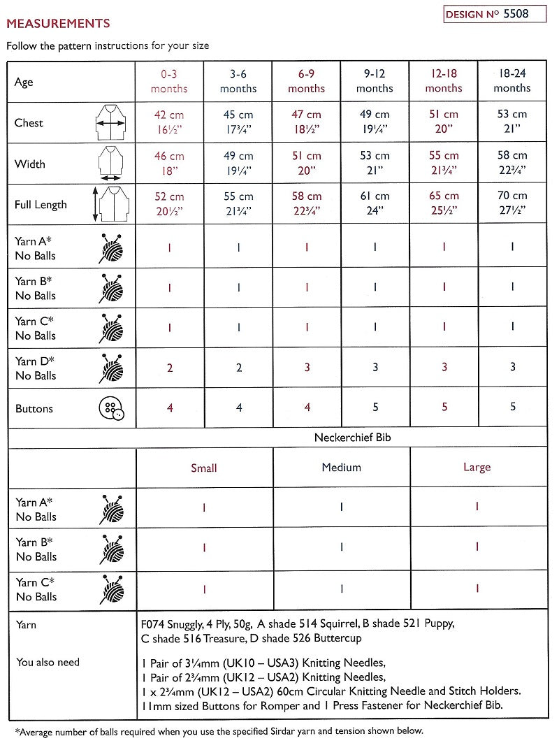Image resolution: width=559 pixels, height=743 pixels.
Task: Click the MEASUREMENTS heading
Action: [58, 24]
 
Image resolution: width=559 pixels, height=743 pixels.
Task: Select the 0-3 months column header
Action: [169, 81]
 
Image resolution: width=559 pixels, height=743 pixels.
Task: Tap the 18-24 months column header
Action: [512, 81]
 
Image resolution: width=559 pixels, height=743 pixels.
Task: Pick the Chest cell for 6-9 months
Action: [306, 122]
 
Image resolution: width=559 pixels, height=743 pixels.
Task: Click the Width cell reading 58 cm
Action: [512, 164]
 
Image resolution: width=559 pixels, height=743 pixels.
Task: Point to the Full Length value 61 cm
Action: [375, 204]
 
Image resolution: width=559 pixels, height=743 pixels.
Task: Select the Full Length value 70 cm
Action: [512, 204]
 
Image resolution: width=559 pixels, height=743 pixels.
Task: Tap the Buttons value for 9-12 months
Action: [375, 407]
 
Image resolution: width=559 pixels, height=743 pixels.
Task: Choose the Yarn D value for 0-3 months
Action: [169, 368]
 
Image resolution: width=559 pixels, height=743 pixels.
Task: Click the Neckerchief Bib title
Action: [342, 438]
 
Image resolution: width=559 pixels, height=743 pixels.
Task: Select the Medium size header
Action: [341, 468]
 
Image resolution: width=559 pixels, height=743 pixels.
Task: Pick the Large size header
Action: [477, 468]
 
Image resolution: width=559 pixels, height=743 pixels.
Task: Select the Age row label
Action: [24, 82]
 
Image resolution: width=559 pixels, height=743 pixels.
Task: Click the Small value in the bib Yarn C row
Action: [204, 589]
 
